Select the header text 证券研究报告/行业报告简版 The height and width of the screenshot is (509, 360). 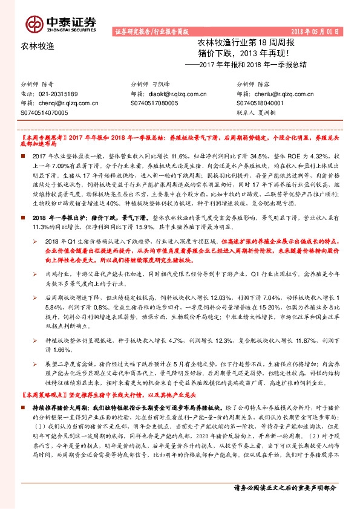click(x=151, y=31)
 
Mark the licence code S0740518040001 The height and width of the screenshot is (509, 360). click(x=261, y=103)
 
